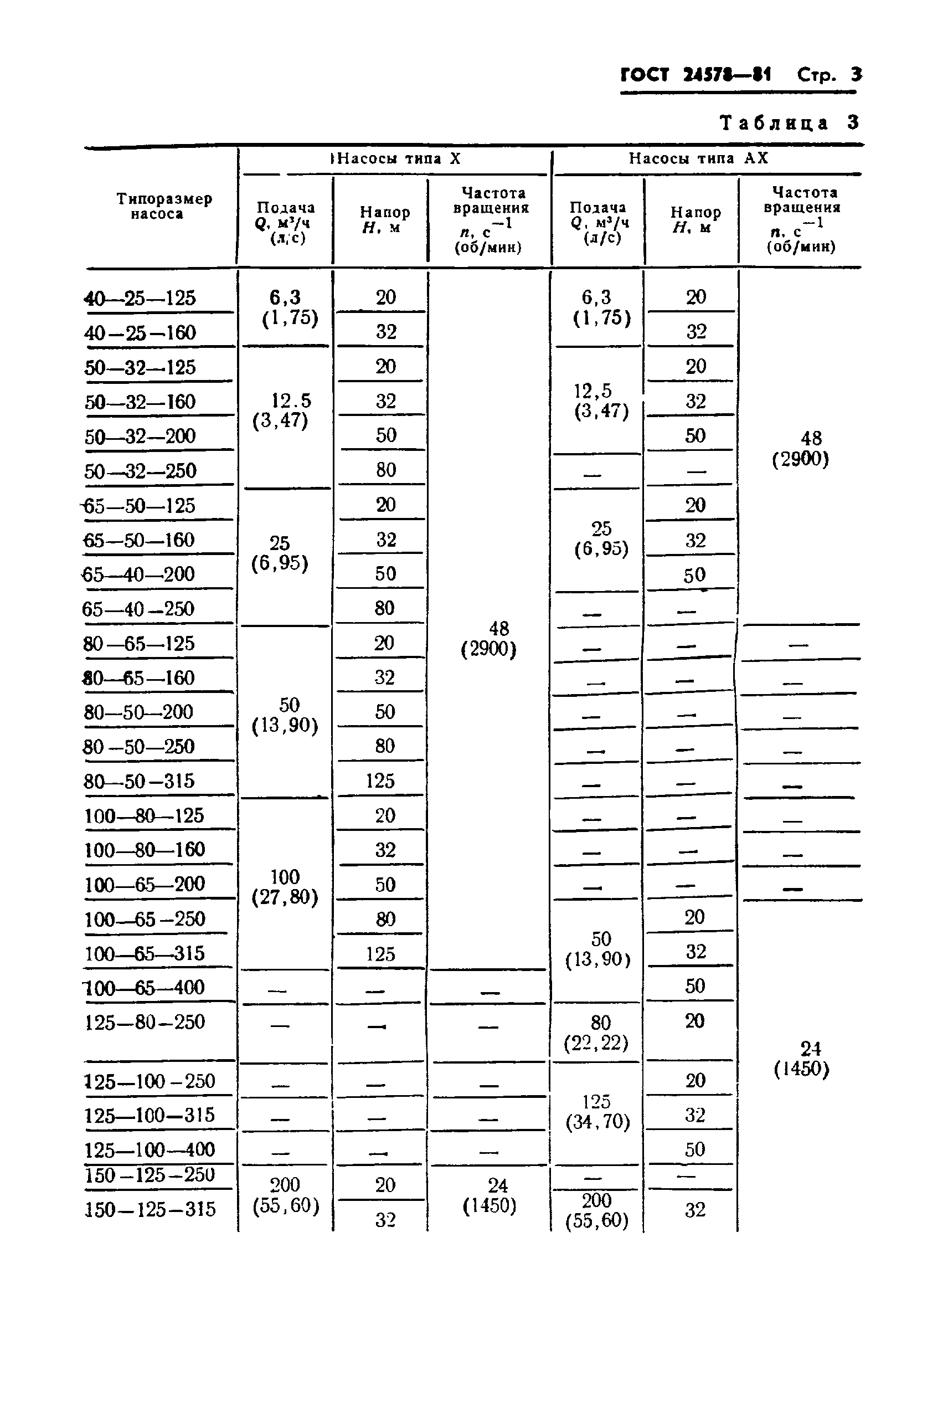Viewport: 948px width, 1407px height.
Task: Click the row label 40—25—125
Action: coord(140,298)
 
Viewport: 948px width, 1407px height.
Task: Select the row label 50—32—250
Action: coord(140,471)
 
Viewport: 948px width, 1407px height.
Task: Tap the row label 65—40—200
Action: coord(139,574)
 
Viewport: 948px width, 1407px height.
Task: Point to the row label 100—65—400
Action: coord(145,988)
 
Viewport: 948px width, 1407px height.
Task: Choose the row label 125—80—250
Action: coord(145,1023)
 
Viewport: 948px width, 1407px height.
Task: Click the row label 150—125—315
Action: coord(150,1209)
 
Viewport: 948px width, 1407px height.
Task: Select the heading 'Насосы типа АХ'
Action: coord(698,158)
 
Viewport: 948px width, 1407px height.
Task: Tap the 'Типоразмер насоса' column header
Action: coord(164,206)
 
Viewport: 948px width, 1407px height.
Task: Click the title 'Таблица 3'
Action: coord(789,124)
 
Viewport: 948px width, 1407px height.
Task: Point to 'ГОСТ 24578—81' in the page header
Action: coord(696,75)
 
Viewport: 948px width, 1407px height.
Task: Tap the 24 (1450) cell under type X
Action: coord(490,1195)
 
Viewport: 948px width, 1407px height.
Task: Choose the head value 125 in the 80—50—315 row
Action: coord(380,781)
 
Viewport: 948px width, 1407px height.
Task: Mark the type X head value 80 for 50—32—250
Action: coord(385,470)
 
